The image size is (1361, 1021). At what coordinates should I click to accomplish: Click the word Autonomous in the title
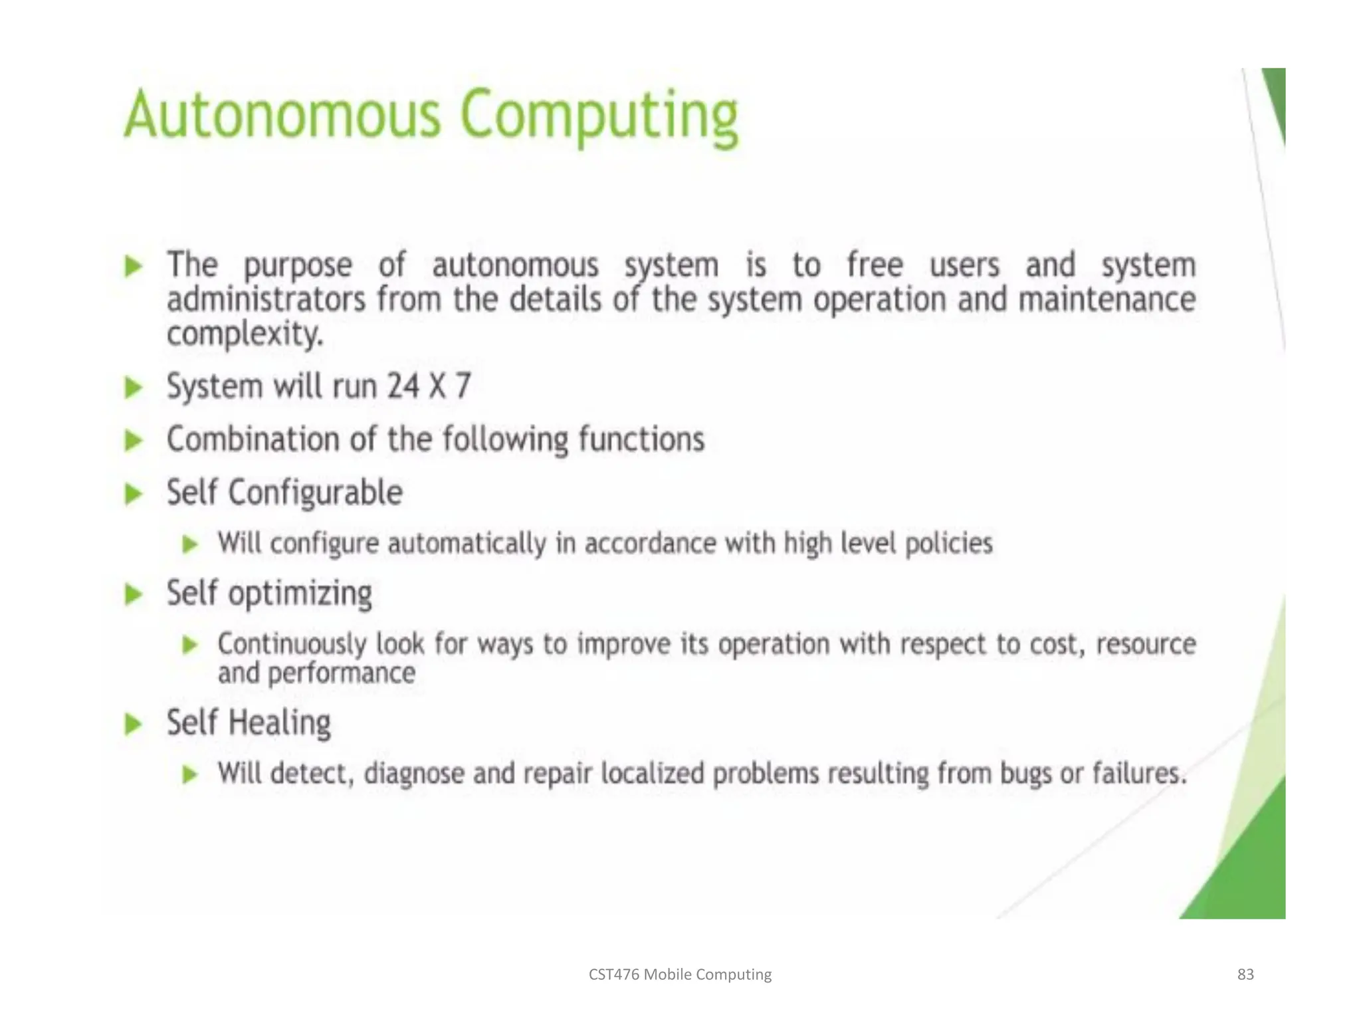(282, 116)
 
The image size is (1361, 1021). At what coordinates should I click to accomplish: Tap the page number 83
(1245, 974)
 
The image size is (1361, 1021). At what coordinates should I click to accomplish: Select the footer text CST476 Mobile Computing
(680, 974)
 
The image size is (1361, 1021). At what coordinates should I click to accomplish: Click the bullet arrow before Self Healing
(134, 724)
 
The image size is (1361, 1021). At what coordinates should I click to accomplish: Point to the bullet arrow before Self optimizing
(134, 594)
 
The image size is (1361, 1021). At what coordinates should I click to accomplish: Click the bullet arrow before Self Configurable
(134, 494)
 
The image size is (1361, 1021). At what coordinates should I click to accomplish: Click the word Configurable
(316, 493)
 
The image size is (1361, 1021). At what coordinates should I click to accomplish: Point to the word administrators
(266, 300)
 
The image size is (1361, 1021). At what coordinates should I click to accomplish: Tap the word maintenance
(1107, 300)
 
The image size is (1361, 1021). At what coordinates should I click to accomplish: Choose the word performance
(342, 674)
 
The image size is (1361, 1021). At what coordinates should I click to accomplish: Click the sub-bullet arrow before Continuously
(191, 645)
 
